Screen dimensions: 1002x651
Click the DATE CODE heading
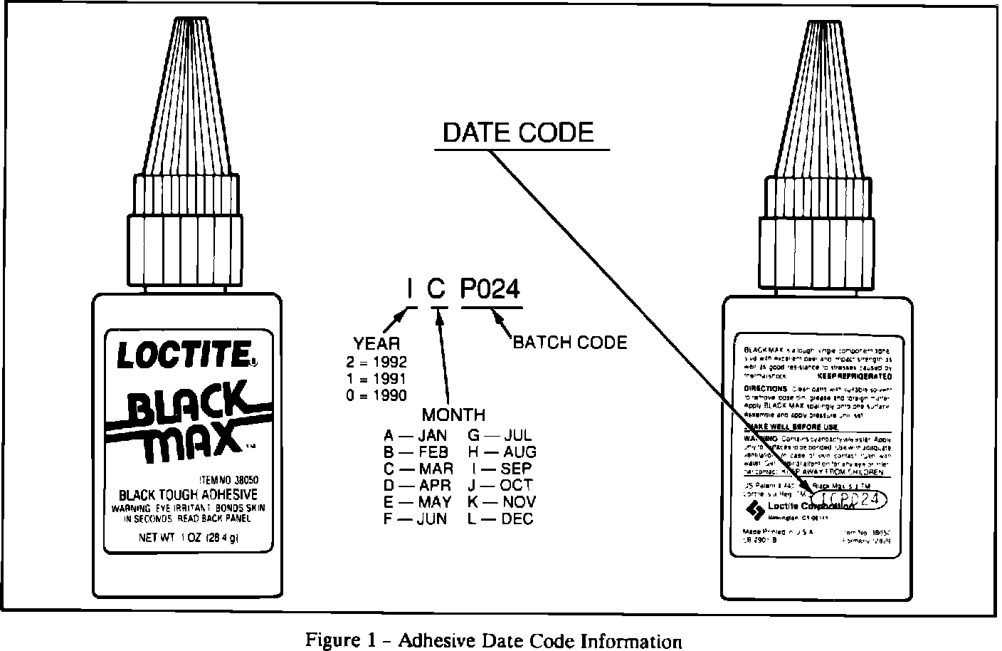pos(518,133)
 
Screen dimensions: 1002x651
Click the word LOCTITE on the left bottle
pos(183,354)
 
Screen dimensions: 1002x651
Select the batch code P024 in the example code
pos(491,289)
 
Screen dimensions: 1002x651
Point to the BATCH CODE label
pos(570,343)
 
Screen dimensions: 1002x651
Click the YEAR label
pos(376,343)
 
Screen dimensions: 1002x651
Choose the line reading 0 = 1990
pos(376,395)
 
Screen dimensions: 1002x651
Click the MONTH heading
pos(453,415)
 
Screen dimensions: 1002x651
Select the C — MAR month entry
pos(418,469)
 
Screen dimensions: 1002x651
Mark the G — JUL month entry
pos(500,435)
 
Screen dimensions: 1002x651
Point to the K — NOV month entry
pos(502,502)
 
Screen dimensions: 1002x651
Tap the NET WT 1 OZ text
pos(188,538)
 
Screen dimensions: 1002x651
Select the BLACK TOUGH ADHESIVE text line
pos(188,494)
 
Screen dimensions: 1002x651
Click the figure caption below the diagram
pos(493,640)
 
